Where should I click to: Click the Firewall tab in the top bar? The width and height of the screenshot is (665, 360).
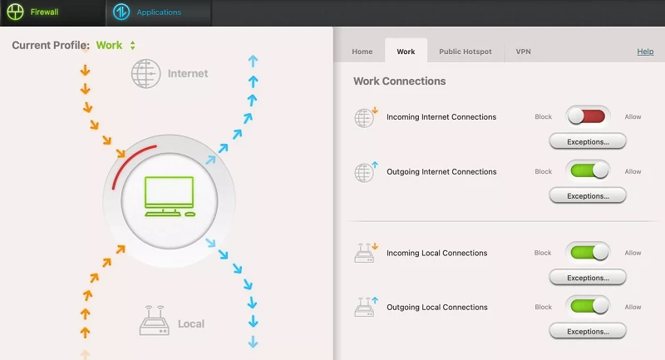(x=33, y=12)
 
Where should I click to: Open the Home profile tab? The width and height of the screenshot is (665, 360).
(x=362, y=52)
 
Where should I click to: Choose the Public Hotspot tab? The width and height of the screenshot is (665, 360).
(x=465, y=52)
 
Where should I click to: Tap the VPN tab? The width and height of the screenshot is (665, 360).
(x=523, y=52)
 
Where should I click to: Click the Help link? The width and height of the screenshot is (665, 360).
(x=645, y=52)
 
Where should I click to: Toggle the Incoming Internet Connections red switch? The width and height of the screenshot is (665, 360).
(x=588, y=116)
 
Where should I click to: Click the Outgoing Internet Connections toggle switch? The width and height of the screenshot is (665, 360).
(x=588, y=171)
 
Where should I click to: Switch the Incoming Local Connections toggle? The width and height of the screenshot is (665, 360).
(x=588, y=252)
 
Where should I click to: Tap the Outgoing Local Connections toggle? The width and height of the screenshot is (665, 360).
(x=588, y=306)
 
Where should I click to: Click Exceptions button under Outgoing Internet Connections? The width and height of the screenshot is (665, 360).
(x=588, y=196)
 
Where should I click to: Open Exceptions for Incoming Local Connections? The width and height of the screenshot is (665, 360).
(x=588, y=278)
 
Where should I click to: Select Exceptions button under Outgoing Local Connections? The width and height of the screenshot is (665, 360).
(x=588, y=331)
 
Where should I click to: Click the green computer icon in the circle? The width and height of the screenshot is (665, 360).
(x=170, y=196)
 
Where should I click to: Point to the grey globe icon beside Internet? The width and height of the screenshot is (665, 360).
(x=146, y=74)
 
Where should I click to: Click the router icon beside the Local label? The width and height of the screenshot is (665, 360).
(x=154, y=321)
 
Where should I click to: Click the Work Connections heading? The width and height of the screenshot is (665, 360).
(x=400, y=81)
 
